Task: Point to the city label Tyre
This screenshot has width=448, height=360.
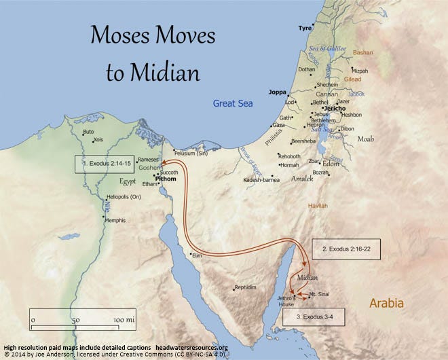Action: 305,29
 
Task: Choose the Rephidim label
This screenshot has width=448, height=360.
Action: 246,288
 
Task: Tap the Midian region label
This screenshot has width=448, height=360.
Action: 307,277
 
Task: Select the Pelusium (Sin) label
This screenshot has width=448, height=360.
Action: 194,152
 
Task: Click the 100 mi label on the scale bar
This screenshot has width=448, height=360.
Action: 124,319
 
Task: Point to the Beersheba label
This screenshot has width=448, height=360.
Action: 303,141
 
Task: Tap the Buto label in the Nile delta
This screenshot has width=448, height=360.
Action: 88,132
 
